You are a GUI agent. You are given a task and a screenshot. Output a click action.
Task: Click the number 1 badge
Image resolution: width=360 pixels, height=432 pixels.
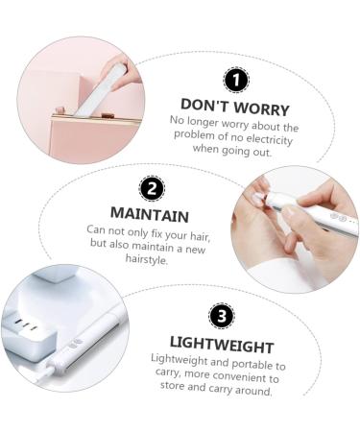tap(234, 81)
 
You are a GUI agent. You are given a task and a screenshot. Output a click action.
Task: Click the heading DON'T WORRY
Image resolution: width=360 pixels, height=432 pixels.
tap(234, 105)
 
